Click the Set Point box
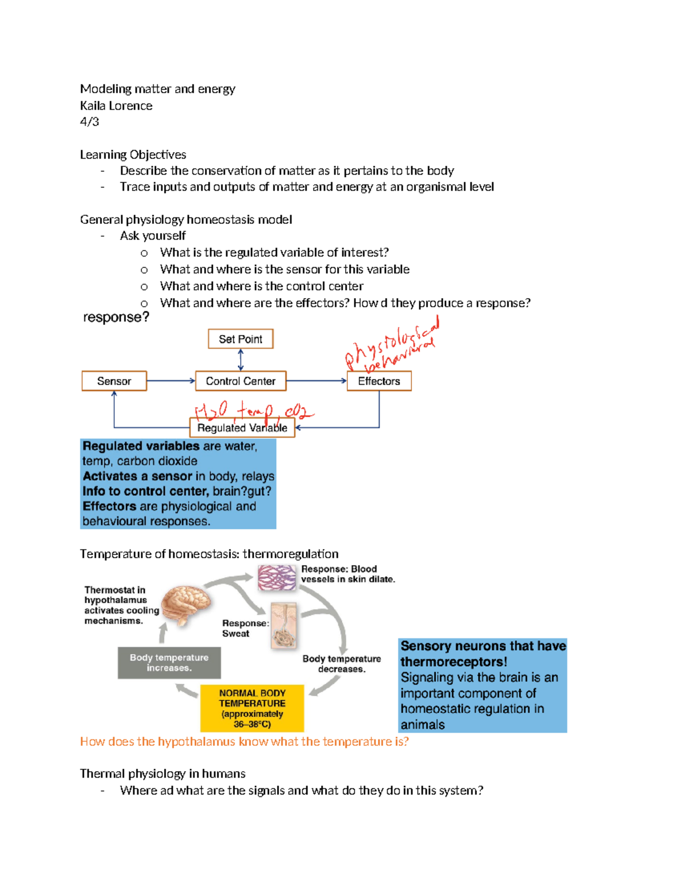click(x=241, y=339)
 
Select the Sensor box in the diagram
click(x=114, y=381)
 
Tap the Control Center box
click(x=241, y=381)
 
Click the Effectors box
click(x=379, y=381)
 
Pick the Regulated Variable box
click(x=242, y=428)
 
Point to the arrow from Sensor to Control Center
click(x=170, y=381)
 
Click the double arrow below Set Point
click(x=241, y=360)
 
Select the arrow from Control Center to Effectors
click(x=316, y=381)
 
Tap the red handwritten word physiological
click(x=392, y=341)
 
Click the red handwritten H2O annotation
click(x=211, y=410)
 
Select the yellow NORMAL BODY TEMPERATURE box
click(x=252, y=708)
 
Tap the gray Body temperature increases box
click(x=169, y=663)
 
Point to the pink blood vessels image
click(x=277, y=578)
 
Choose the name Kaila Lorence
click(x=116, y=106)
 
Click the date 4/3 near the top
click(x=90, y=122)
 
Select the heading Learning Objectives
click(x=133, y=154)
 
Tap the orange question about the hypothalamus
click(x=244, y=742)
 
